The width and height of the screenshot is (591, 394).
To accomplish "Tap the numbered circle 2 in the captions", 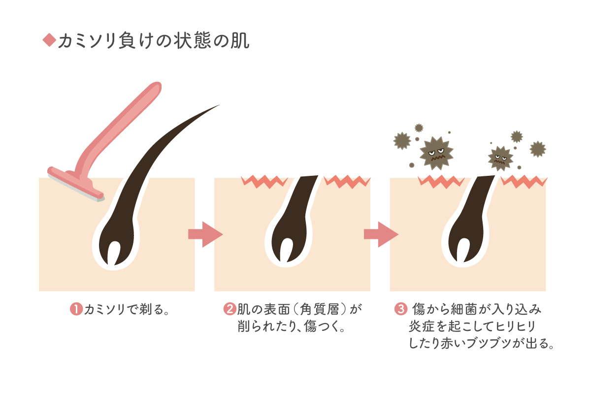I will point(230,310).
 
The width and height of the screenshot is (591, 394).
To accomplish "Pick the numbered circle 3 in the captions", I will point(401,310).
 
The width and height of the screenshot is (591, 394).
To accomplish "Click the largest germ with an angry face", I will point(436,153).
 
